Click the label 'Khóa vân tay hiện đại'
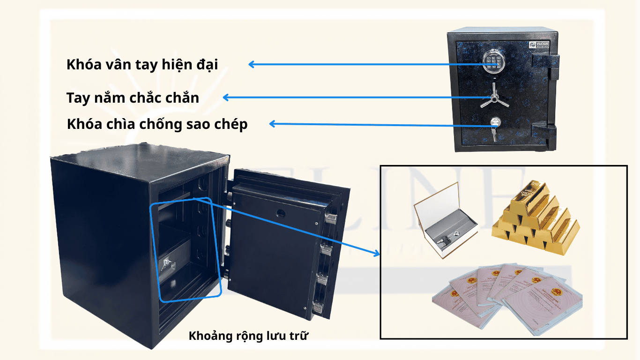142,65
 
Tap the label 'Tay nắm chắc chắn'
133,98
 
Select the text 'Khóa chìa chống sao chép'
157,125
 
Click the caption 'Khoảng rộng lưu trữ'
248,336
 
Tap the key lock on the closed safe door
494,124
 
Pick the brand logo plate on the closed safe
534,45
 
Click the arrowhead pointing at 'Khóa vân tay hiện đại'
252,65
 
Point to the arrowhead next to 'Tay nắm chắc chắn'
225,97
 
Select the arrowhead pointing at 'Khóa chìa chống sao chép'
272,124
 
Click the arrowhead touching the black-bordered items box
376,254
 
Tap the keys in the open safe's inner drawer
166,266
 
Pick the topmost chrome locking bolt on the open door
330,217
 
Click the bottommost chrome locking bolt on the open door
318,307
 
